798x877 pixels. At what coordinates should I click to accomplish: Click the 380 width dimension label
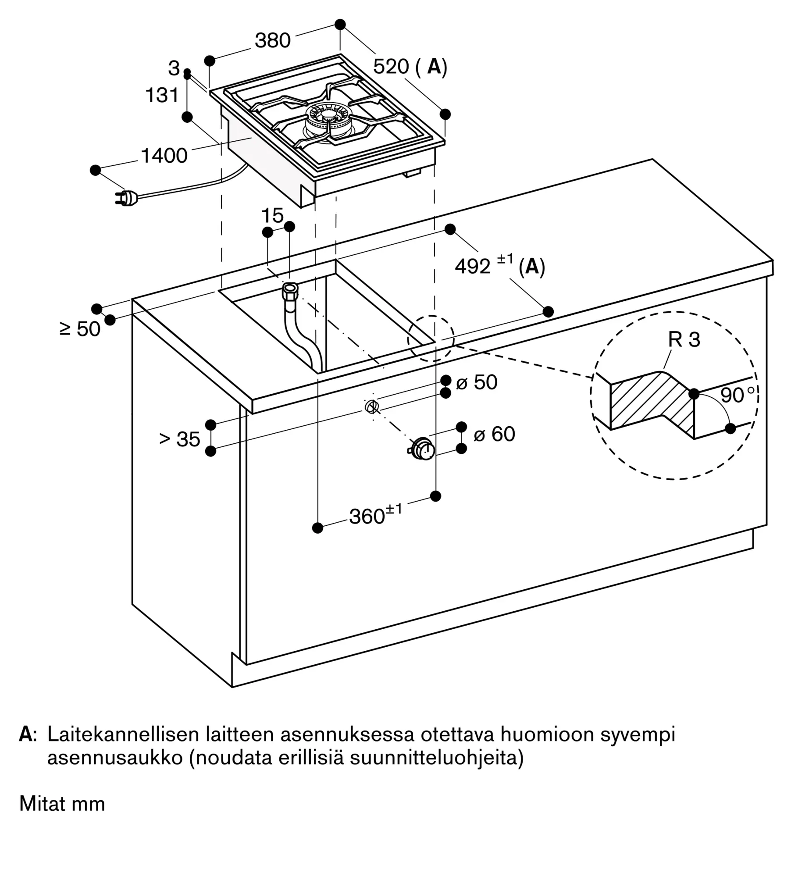pyautogui.click(x=273, y=40)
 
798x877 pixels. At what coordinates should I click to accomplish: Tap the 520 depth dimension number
pyautogui.click(x=391, y=66)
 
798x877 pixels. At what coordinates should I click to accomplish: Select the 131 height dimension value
pyautogui.click(x=162, y=95)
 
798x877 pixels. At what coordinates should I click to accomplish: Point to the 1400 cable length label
pyautogui.click(x=164, y=156)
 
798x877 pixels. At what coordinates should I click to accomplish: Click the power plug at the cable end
pyautogui.click(x=127, y=199)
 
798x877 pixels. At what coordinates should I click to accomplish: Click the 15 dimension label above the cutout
pyautogui.click(x=272, y=216)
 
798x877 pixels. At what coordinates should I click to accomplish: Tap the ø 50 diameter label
pyautogui.click(x=477, y=382)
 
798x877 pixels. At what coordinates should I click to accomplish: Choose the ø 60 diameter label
pyautogui.click(x=494, y=434)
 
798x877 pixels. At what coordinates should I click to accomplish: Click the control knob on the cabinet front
pyautogui.click(x=422, y=449)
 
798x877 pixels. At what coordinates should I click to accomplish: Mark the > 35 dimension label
pyautogui.click(x=180, y=439)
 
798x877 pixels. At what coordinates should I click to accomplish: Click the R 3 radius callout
pyautogui.click(x=684, y=339)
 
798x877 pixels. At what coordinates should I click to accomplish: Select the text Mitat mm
pyautogui.click(x=62, y=804)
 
